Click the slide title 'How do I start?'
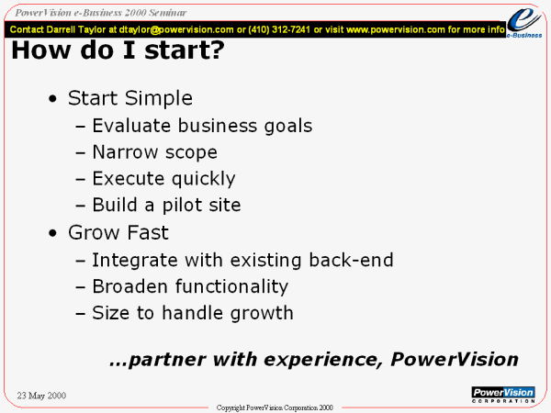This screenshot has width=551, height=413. [118, 50]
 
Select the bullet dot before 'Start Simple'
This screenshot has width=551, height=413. [52, 99]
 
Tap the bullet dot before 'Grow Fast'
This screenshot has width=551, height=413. [52, 233]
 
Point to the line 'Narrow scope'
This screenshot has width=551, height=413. [155, 152]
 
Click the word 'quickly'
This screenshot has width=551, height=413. [204, 179]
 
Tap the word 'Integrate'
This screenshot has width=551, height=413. [135, 261]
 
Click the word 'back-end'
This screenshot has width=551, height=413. [351, 260]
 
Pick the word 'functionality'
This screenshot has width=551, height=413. [232, 286]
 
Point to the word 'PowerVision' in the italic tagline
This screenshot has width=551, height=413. [455, 359]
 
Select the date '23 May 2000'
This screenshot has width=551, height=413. [41, 396]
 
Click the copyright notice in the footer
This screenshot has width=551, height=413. [275, 407]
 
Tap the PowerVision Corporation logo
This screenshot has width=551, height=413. [503, 395]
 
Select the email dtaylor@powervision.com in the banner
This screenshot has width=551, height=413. [176, 30]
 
